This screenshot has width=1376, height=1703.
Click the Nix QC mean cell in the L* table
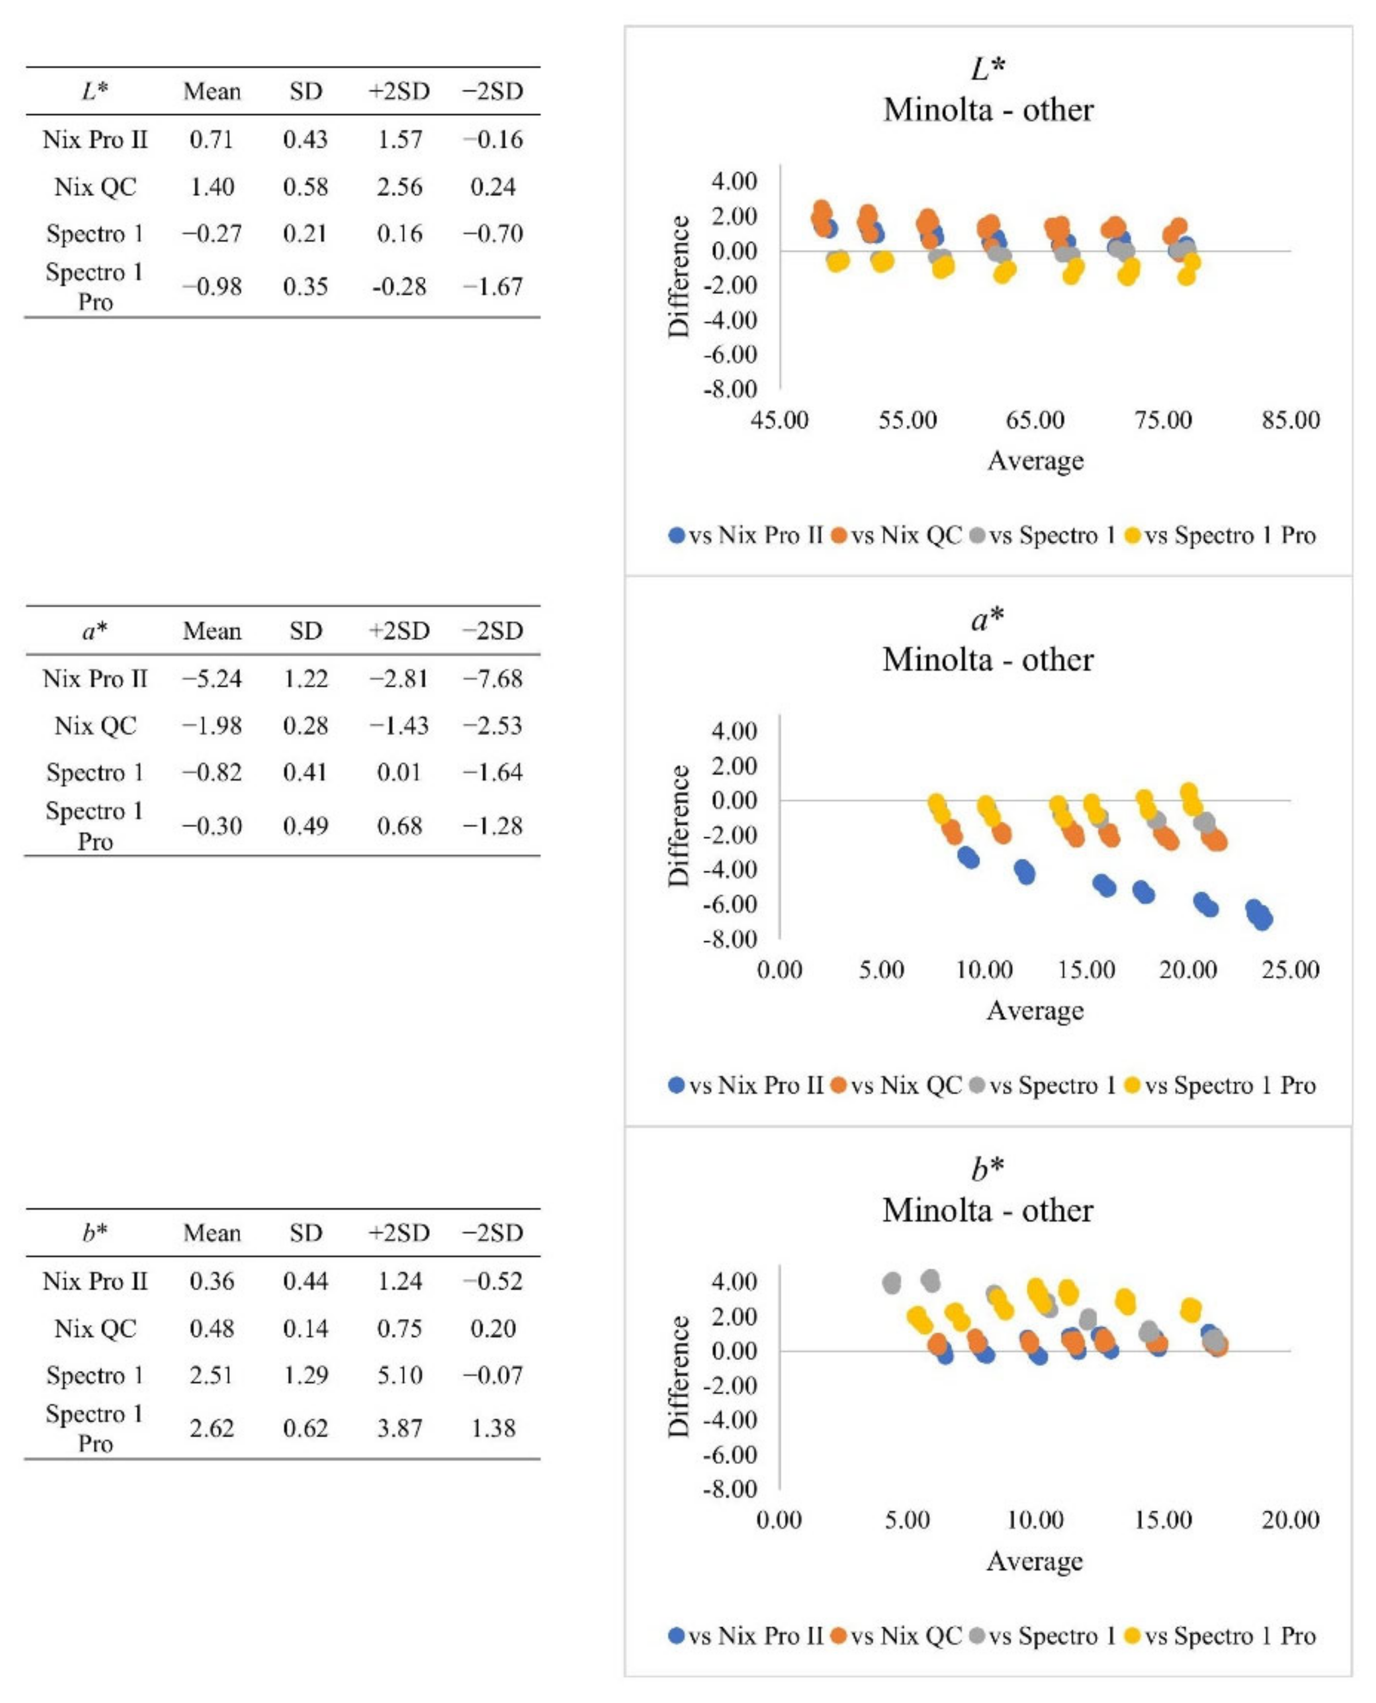pyautogui.click(x=212, y=187)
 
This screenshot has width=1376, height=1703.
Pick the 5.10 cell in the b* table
pyautogui.click(x=400, y=1375)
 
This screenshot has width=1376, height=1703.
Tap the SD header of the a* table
pyautogui.click(x=305, y=631)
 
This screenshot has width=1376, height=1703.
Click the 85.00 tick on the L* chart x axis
pyautogui.click(x=1291, y=420)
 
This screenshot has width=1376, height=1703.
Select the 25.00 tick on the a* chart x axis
pyautogui.click(x=1291, y=970)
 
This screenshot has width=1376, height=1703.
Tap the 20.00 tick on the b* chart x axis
pyautogui.click(x=1291, y=1520)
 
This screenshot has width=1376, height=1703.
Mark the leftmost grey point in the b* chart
pyautogui.click(x=892, y=1283)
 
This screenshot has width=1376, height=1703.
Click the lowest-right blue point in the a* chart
pyautogui.click(x=1263, y=920)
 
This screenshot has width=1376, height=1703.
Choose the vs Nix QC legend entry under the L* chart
pyautogui.click(x=896, y=536)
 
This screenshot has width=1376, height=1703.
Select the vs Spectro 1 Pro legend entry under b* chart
pyautogui.click(x=1221, y=1635)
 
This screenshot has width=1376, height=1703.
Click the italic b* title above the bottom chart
pyautogui.click(x=987, y=1168)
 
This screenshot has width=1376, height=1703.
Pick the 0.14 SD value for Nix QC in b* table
pyautogui.click(x=305, y=1328)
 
